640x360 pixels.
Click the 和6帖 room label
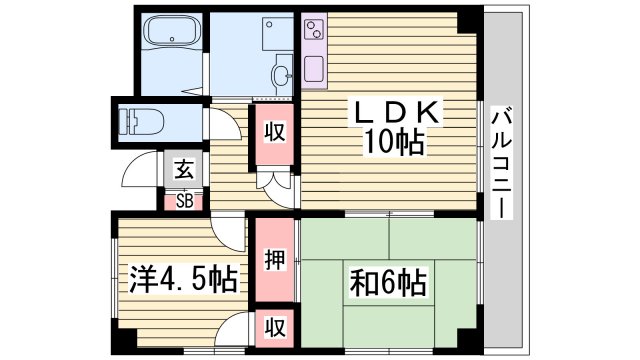point(388,280)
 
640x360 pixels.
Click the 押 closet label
point(274,260)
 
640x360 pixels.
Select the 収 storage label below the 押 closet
point(273,326)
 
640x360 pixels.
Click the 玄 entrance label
point(184,169)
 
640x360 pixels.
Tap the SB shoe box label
point(185,200)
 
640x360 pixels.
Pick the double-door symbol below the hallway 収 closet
point(273,180)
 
